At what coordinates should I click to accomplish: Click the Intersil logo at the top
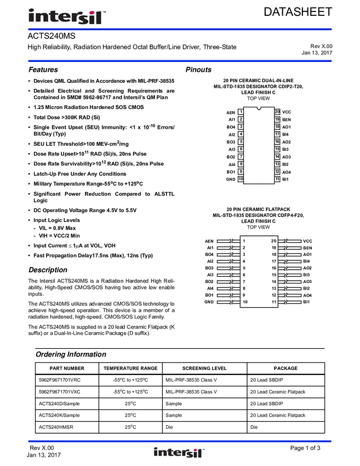[68, 17]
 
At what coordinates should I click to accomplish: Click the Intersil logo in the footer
[179, 453]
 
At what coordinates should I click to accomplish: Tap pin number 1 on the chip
[241, 112]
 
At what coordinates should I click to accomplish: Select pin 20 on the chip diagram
[277, 112]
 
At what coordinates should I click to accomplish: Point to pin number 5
[241, 141]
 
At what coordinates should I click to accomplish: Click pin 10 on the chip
[241, 179]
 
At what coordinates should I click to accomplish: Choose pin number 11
[277, 179]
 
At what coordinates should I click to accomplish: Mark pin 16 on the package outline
[277, 141]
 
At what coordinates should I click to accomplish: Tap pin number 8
[241, 164]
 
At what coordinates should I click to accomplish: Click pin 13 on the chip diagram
[277, 164]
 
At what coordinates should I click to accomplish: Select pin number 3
[241, 127]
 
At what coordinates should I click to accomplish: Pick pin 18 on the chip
[277, 127]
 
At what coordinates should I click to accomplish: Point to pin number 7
[241, 156]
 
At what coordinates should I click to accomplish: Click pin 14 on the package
[277, 156]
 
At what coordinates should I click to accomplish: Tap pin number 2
[241, 119]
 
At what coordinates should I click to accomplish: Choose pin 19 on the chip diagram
[277, 119]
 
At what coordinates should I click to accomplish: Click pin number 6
[241, 149]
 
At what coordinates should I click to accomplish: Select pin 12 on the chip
[277, 172]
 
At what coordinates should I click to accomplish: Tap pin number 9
[241, 172]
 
